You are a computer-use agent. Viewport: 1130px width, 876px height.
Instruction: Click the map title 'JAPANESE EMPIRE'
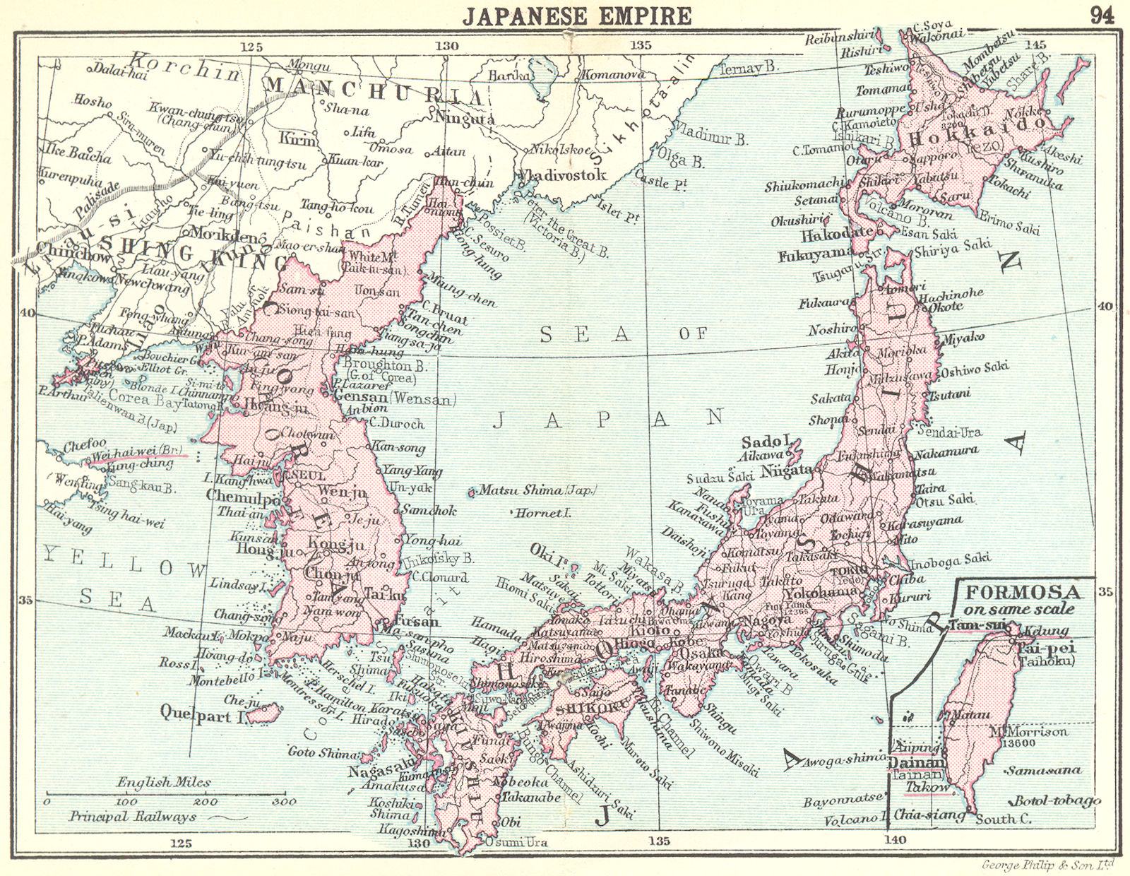pyautogui.click(x=577, y=15)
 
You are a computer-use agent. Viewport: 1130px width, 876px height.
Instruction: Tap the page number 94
pyautogui.click(x=1102, y=15)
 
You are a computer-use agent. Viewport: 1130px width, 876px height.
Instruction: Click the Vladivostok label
pyautogui.click(x=562, y=174)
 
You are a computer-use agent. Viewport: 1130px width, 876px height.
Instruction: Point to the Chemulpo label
pyautogui.click(x=239, y=497)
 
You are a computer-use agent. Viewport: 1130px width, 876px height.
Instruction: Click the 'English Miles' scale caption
pyautogui.click(x=163, y=782)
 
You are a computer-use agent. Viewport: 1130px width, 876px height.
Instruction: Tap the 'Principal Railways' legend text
pyautogui.click(x=132, y=817)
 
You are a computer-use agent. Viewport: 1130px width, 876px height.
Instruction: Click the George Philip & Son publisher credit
pyautogui.click(x=1047, y=865)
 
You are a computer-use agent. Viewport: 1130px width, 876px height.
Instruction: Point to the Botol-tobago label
pyautogui.click(x=1057, y=800)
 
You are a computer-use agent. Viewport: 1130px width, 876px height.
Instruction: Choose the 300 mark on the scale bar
pyautogui.click(x=284, y=802)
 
